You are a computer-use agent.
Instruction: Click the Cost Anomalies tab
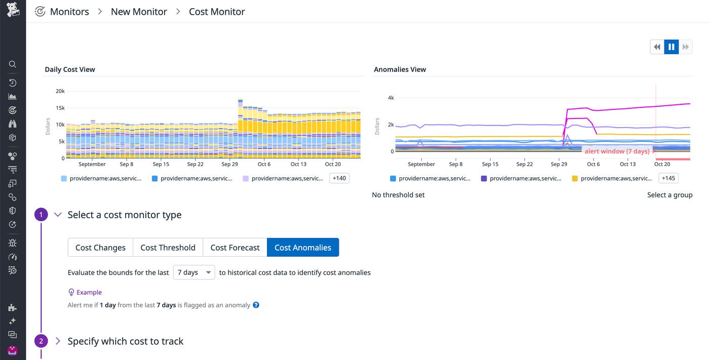point(303,248)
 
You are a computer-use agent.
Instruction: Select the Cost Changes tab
point(100,248)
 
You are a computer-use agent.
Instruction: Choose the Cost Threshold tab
point(168,248)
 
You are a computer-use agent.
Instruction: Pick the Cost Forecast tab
point(235,248)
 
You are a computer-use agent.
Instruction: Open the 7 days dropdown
point(194,272)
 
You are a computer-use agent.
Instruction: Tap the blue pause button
point(671,47)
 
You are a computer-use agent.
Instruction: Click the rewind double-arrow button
point(657,47)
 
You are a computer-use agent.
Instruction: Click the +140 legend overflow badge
point(339,178)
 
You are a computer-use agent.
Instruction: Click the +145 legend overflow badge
point(668,178)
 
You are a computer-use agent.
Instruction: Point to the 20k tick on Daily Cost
point(60,91)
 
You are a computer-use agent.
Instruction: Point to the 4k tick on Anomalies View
point(391,98)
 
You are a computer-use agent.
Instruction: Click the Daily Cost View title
point(70,69)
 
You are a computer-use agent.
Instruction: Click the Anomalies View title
point(400,69)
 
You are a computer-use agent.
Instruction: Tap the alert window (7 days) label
point(617,151)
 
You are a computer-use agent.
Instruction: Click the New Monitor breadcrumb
point(139,12)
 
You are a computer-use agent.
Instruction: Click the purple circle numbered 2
point(41,341)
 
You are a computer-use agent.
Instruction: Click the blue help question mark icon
point(256,305)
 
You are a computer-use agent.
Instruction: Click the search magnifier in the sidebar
point(13,64)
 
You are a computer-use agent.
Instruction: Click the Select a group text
point(669,195)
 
